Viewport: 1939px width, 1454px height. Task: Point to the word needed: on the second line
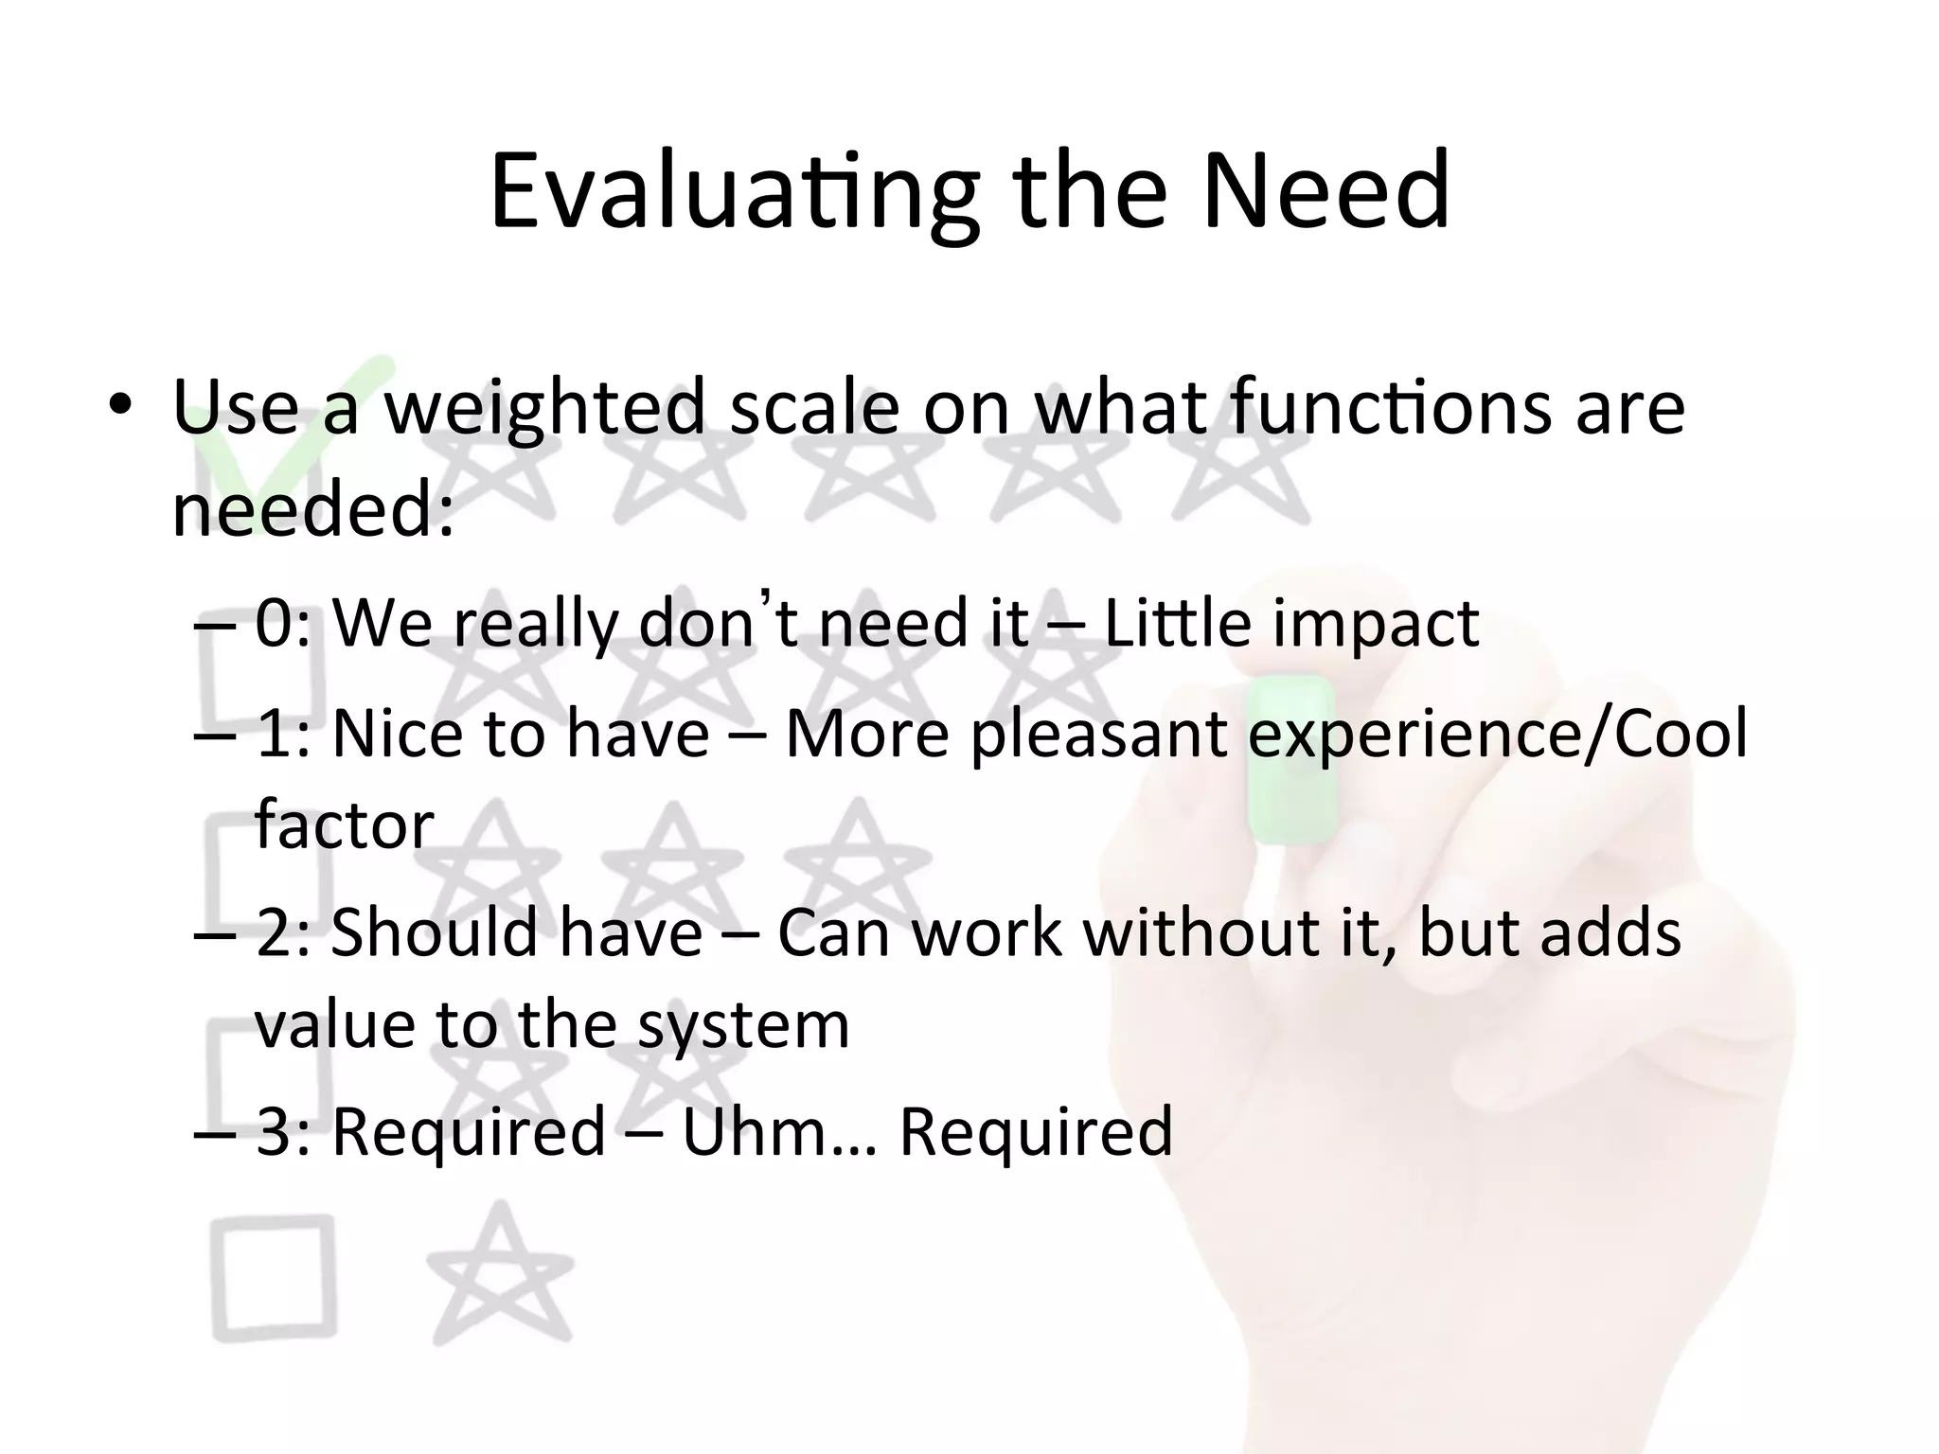pos(313,509)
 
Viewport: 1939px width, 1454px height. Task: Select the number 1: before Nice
pos(283,735)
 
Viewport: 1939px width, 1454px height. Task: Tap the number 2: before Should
pos(283,933)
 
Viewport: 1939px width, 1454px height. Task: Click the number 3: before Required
pos(283,1132)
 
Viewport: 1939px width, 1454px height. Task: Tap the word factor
pos(344,825)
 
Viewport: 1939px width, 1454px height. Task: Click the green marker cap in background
pos(1291,757)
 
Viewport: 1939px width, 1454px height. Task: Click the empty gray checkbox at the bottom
pos(274,1278)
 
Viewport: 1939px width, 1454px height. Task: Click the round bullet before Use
pos(118,407)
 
